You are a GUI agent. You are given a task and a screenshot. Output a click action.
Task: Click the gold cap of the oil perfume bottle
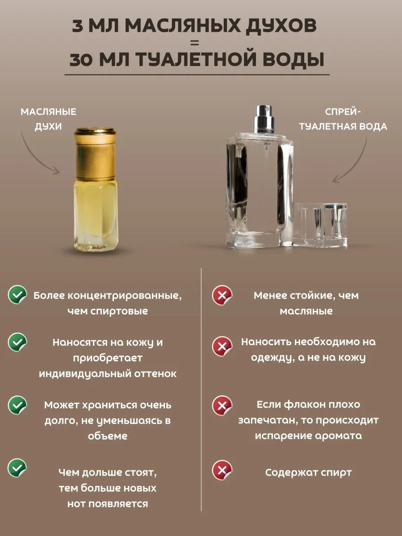click(x=95, y=154)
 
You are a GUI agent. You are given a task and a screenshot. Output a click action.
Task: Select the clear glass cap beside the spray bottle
click(x=320, y=224)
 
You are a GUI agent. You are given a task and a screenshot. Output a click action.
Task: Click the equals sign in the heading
click(x=195, y=43)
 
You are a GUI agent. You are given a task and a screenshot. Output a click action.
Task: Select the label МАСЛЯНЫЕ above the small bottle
click(x=48, y=112)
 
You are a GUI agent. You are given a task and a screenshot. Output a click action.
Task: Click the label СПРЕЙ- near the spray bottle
click(x=343, y=112)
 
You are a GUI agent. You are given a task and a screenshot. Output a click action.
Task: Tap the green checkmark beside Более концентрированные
click(x=17, y=294)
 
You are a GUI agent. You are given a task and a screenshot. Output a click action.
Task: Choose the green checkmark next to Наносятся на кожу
click(x=17, y=342)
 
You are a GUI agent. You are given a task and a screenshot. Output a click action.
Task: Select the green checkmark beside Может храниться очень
click(x=17, y=405)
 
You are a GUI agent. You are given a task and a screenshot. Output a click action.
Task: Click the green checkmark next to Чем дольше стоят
click(x=17, y=468)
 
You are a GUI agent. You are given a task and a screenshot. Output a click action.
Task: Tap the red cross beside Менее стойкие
click(x=222, y=295)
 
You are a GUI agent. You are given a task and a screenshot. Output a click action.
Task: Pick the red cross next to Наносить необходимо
click(x=222, y=346)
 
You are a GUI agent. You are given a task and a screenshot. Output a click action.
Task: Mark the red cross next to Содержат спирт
click(x=222, y=470)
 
